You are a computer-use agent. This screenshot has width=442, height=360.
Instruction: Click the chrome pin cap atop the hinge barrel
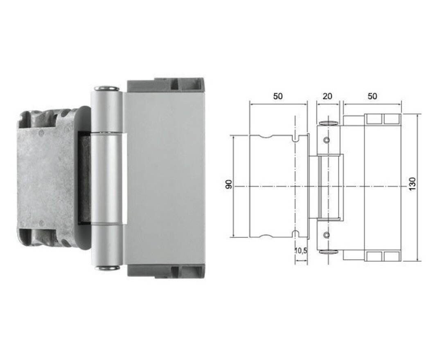pos(106,88)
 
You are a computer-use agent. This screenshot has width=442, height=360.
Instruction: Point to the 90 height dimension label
pos(229,185)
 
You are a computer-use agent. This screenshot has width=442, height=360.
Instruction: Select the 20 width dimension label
pos(328,96)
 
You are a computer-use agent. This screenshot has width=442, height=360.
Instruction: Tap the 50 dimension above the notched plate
pos(278,96)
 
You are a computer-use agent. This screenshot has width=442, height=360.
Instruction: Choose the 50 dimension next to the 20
pos(372,96)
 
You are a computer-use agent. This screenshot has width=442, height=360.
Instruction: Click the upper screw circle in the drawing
pos(326,140)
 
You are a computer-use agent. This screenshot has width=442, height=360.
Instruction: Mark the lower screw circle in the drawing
pos(326,234)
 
